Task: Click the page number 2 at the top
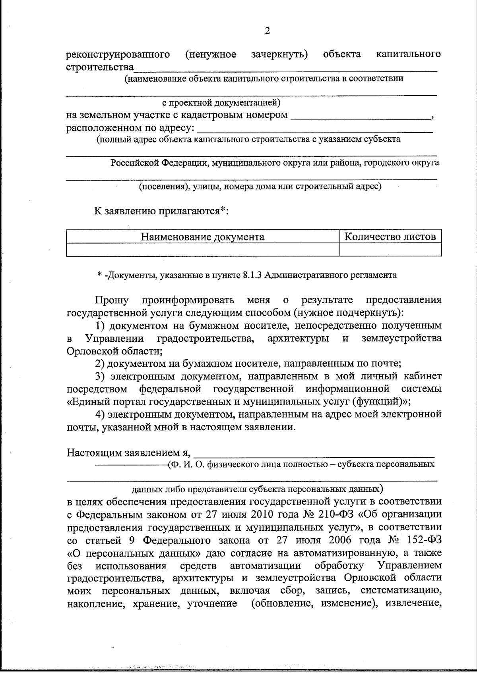coord(267,31)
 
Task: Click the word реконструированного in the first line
coord(118,54)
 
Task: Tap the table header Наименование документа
coord(202,237)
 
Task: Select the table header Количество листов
coord(390,237)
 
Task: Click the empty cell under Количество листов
coord(390,250)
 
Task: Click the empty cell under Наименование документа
coord(202,250)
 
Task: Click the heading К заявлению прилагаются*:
coord(161,211)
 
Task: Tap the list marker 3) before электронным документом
coord(101,376)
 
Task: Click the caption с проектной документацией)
coord(222,103)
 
